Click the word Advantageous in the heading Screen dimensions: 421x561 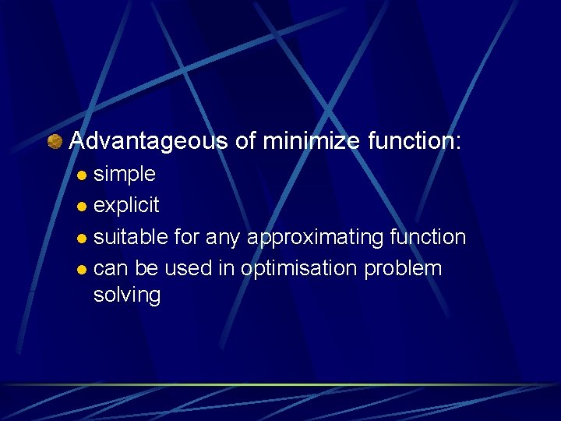point(148,141)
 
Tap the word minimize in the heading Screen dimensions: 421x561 point(311,141)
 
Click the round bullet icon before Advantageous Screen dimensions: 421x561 point(55,142)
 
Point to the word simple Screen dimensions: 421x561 point(124,174)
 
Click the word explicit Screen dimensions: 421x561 point(126,206)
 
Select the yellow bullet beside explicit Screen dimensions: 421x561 point(83,207)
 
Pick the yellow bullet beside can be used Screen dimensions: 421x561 point(83,270)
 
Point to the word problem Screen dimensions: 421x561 point(404,269)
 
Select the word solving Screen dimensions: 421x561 point(126,295)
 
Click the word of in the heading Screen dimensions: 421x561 point(245,141)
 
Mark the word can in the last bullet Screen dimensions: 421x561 point(111,269)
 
